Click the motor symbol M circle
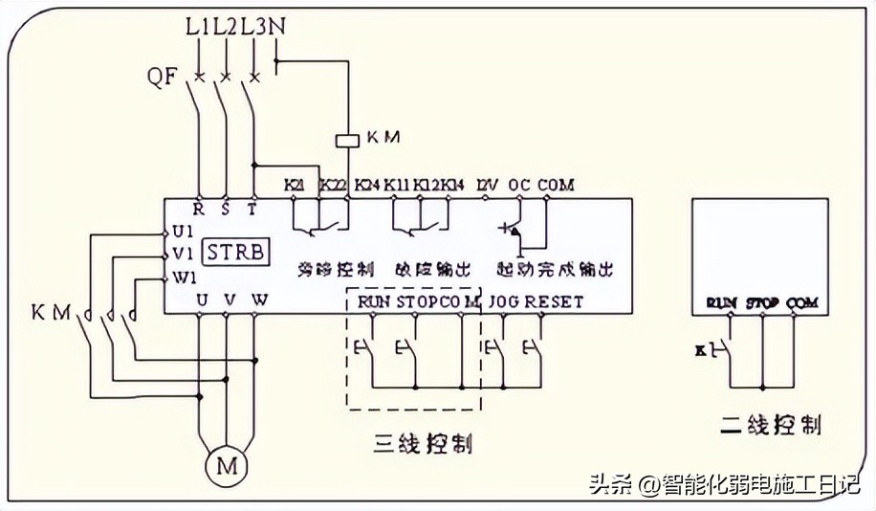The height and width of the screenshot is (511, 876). coord(227,468)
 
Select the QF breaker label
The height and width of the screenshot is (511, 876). coord(164,78)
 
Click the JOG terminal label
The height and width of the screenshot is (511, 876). coord(504,301)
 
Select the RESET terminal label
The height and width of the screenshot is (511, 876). coord(554,301)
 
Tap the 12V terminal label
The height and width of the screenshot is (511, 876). coord(487,184)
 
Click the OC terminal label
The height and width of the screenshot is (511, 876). coord(519,184)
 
